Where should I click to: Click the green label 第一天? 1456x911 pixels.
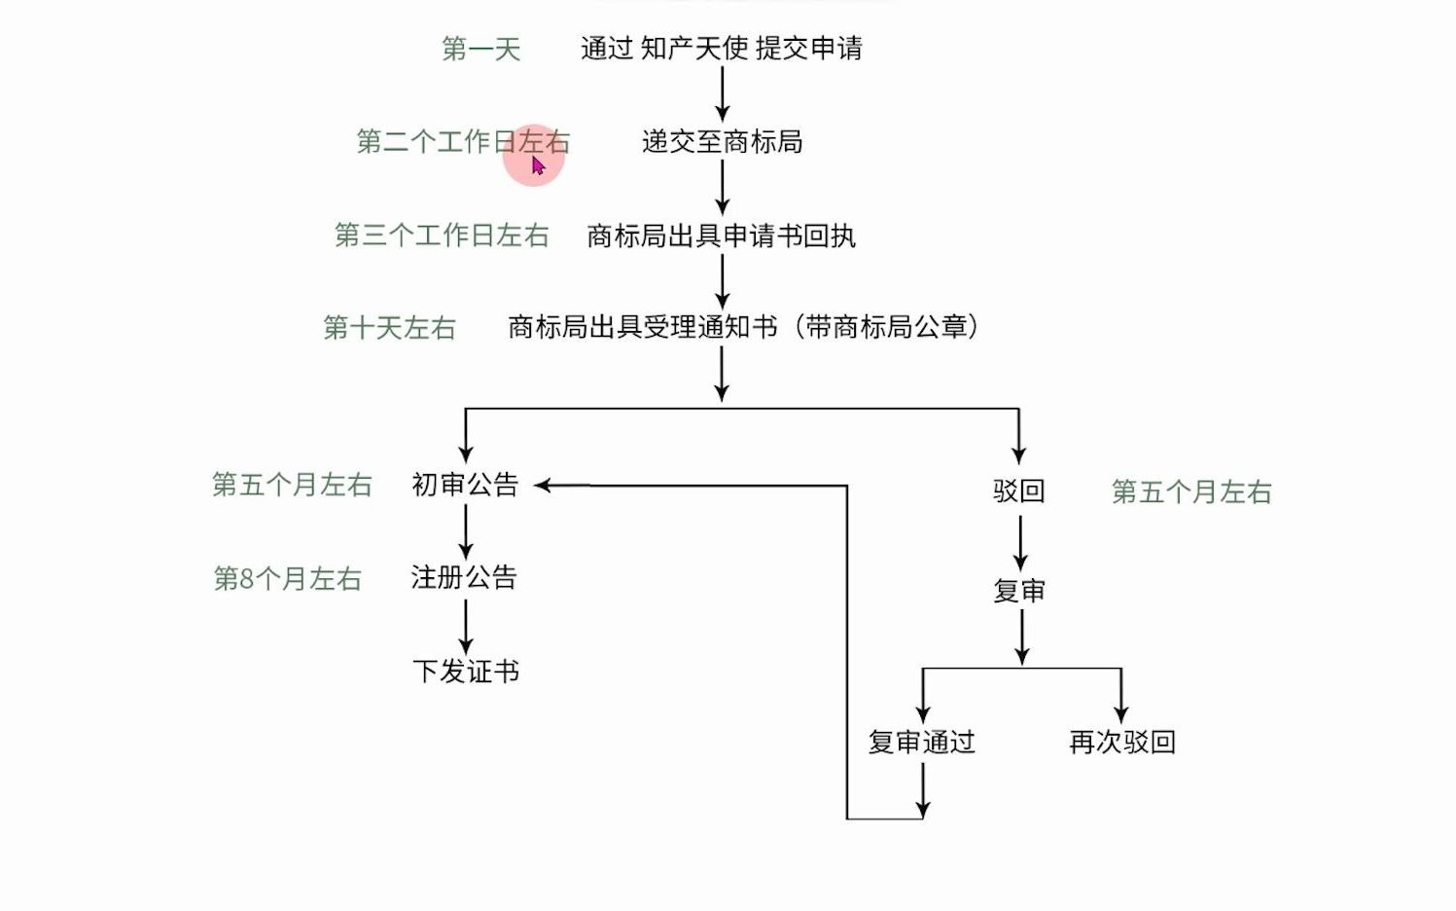[x=481, y=49]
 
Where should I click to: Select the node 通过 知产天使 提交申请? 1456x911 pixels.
[x=721, y=48]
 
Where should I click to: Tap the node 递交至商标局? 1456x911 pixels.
[x=722, y=142]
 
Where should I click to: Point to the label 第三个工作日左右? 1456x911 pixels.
[x=442, y=236]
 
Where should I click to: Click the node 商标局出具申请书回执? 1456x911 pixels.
[x=721, y=236]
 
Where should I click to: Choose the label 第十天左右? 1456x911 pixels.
[x=389, y=328]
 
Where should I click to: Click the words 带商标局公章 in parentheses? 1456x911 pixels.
[x=886, y=327]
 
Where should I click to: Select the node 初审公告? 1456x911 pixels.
[x=465, y=485]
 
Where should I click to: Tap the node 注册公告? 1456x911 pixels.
[x=464, y=578]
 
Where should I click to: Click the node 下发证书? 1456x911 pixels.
[x=465, y=672]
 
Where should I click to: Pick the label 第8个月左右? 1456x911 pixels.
[x=288, y=579]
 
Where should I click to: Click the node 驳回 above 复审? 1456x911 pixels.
[x=1018, y=491]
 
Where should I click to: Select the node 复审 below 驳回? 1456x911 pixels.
[x=1019, y=591]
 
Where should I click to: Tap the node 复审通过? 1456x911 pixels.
[x=921, y=743]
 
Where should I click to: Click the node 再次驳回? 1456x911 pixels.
[x=1121, y=743]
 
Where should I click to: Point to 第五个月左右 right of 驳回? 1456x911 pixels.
[x=1191, y=492]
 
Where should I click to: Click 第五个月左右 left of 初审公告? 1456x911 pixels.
[x=292, y=485]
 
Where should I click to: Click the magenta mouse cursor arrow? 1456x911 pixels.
[x=538, y=165]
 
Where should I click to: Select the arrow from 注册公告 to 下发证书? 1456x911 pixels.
[x=466, y=626]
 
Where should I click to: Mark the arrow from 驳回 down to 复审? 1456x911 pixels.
[x=1020, y=542]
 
